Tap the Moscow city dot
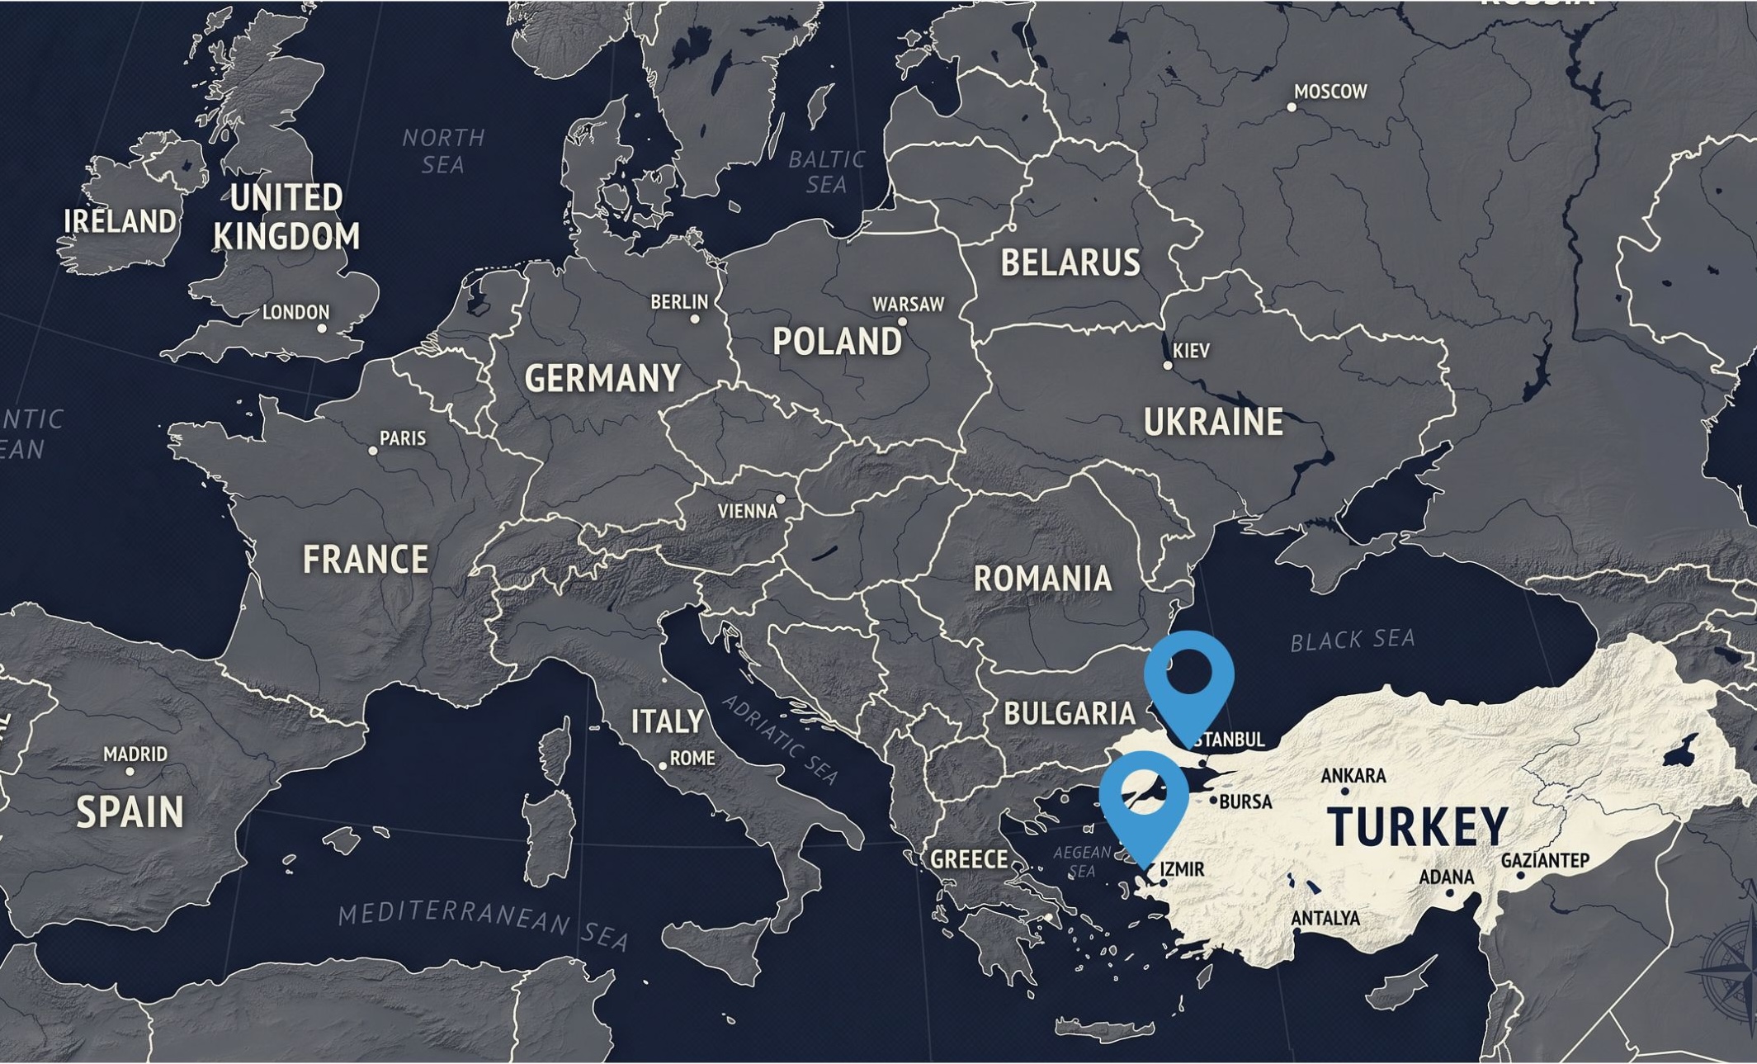click(x=1292, y=107)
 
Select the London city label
click(x=295, y=312)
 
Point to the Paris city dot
click(x=373, y=451)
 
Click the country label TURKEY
click(x=1418, y=826)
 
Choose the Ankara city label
click(x=1353, y=776)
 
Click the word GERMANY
click(x=602, y=379)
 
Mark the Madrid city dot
click(x=130, y=772)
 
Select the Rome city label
click(x=692, y=758)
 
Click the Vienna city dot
click(x=780, y=499)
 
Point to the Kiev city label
click(x=1191, y=351)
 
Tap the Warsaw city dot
click(x=902, y=322)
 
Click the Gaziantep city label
click(x=1545, y=860)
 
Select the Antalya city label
click(x=1325, y=918)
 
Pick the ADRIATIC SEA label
click(x=780, y=740)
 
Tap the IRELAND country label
click(x=120, y=221)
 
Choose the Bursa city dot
click(x=1213, y=800)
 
